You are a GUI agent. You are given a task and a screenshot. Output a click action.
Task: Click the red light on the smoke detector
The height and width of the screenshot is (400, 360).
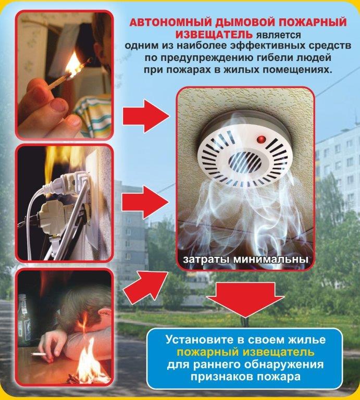[x=261, y=139]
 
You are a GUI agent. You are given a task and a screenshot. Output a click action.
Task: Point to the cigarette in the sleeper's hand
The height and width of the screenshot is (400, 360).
[x=39, y=354]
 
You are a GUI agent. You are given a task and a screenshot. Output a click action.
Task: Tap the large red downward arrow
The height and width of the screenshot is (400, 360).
[x=245, y=299]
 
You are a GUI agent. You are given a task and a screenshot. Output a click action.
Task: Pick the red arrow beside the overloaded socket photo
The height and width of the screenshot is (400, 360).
[x=146, y=202]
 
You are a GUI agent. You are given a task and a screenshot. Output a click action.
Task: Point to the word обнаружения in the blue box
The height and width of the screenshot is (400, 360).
[x=284, y=365]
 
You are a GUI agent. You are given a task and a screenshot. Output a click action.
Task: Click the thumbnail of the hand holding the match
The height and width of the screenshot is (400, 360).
[x=64, y=75]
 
